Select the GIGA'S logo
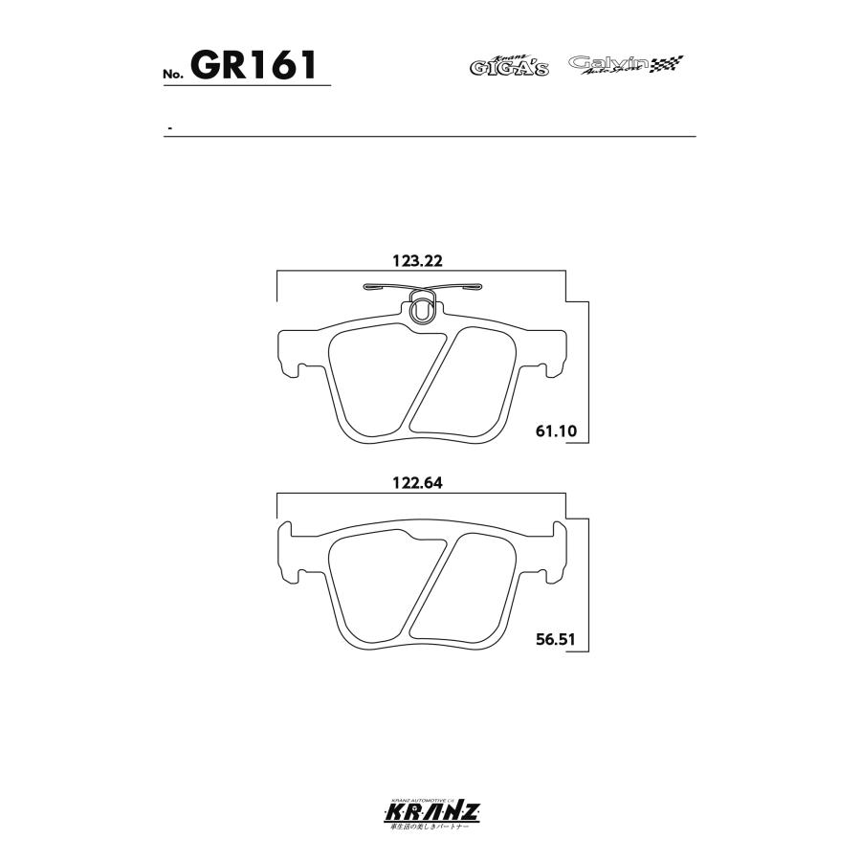(x=508, y=66)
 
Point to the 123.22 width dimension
(x=421, y=260)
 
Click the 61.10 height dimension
(x=556, y=430)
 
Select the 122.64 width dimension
(x=421, y=484)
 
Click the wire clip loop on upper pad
(x=422, y=308)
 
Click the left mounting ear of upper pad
(x=290, y=354)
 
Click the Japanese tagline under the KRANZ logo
(x=430, y=828)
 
